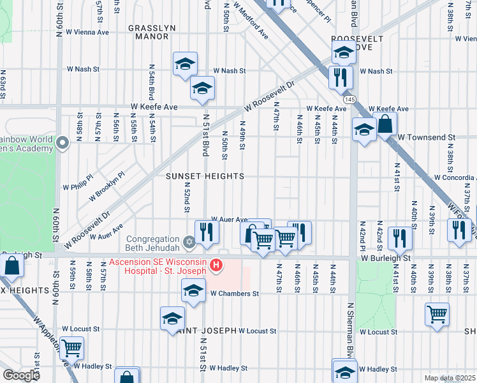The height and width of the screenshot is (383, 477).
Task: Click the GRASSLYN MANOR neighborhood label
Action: (148, 32)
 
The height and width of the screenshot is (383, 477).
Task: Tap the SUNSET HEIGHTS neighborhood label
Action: (205, 176)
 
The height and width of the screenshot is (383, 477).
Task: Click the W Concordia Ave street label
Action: (455, 177)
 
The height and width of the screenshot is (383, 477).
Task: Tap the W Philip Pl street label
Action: (78, 187)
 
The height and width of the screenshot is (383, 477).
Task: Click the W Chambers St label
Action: (234, 294)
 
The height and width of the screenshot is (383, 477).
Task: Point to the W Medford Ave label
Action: (251, 20)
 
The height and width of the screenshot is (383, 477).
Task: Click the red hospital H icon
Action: (216, 264)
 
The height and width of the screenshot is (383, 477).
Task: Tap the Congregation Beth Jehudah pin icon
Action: (188, 242)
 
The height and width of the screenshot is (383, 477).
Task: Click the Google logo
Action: (20, 375)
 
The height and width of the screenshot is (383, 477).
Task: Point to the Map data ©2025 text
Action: (449, 378)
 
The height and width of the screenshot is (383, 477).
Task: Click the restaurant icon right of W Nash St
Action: (340, 77)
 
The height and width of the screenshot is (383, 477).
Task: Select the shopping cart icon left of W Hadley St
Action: (72, 348)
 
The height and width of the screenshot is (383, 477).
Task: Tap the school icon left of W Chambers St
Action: (194, 291)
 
